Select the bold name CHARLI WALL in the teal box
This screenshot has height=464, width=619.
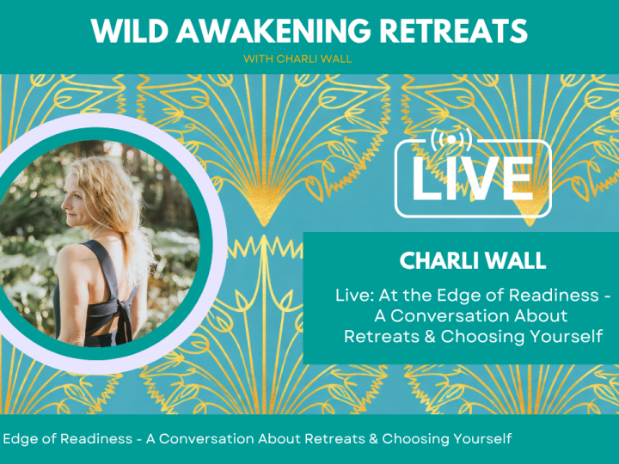[x=461, y=259]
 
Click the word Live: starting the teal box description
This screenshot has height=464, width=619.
[x=354, y=296]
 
